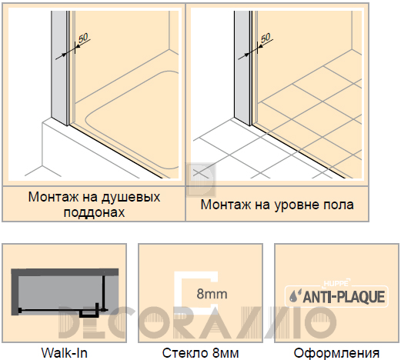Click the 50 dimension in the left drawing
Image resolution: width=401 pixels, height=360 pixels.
pos(83,38)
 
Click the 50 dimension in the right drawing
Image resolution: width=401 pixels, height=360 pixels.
pos(266,38)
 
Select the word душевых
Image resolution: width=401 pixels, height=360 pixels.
pos(131,198)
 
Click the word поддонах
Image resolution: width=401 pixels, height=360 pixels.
pos(94,212)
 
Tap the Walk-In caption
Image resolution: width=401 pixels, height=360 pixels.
pos(65,353)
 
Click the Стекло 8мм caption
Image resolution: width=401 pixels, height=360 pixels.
pos(200,353)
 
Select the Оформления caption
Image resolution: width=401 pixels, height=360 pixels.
pos(336,353)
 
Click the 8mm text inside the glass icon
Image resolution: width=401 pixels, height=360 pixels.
pos(212,294)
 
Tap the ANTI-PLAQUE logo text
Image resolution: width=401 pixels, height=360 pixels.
pos(344,297)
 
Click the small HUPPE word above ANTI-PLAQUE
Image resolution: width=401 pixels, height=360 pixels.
pos(336,283)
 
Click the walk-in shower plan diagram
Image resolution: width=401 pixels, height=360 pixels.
pos(65,293)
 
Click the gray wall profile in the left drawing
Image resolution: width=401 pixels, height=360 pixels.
pos(59,68)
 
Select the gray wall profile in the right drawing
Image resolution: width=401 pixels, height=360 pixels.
pos(242,68)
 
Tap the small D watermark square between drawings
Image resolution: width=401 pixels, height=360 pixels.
pos(201,180)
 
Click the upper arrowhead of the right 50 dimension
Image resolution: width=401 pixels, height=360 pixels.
pos(260,47)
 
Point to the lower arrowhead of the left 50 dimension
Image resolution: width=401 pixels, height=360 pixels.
pos(64,54)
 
